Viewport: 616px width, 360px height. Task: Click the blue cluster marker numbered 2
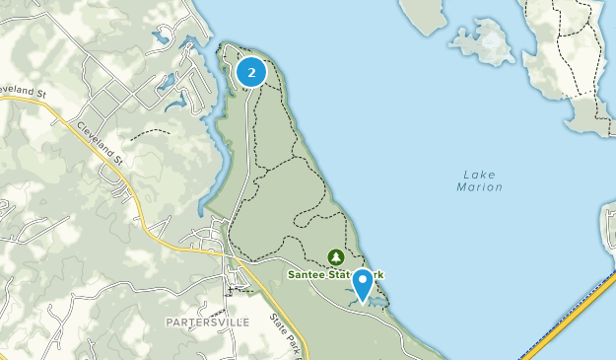252,72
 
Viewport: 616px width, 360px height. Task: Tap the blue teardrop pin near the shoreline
363,283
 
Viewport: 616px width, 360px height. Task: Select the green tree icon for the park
334,256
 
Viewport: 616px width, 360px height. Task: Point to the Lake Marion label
480,180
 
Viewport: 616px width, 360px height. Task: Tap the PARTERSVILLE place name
209,322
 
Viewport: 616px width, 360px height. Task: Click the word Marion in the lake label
480,187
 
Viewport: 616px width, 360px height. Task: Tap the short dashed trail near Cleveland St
149,131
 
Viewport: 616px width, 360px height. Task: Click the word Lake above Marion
480,175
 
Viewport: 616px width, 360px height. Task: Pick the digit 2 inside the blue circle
252,72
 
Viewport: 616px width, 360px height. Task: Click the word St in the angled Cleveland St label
119,158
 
